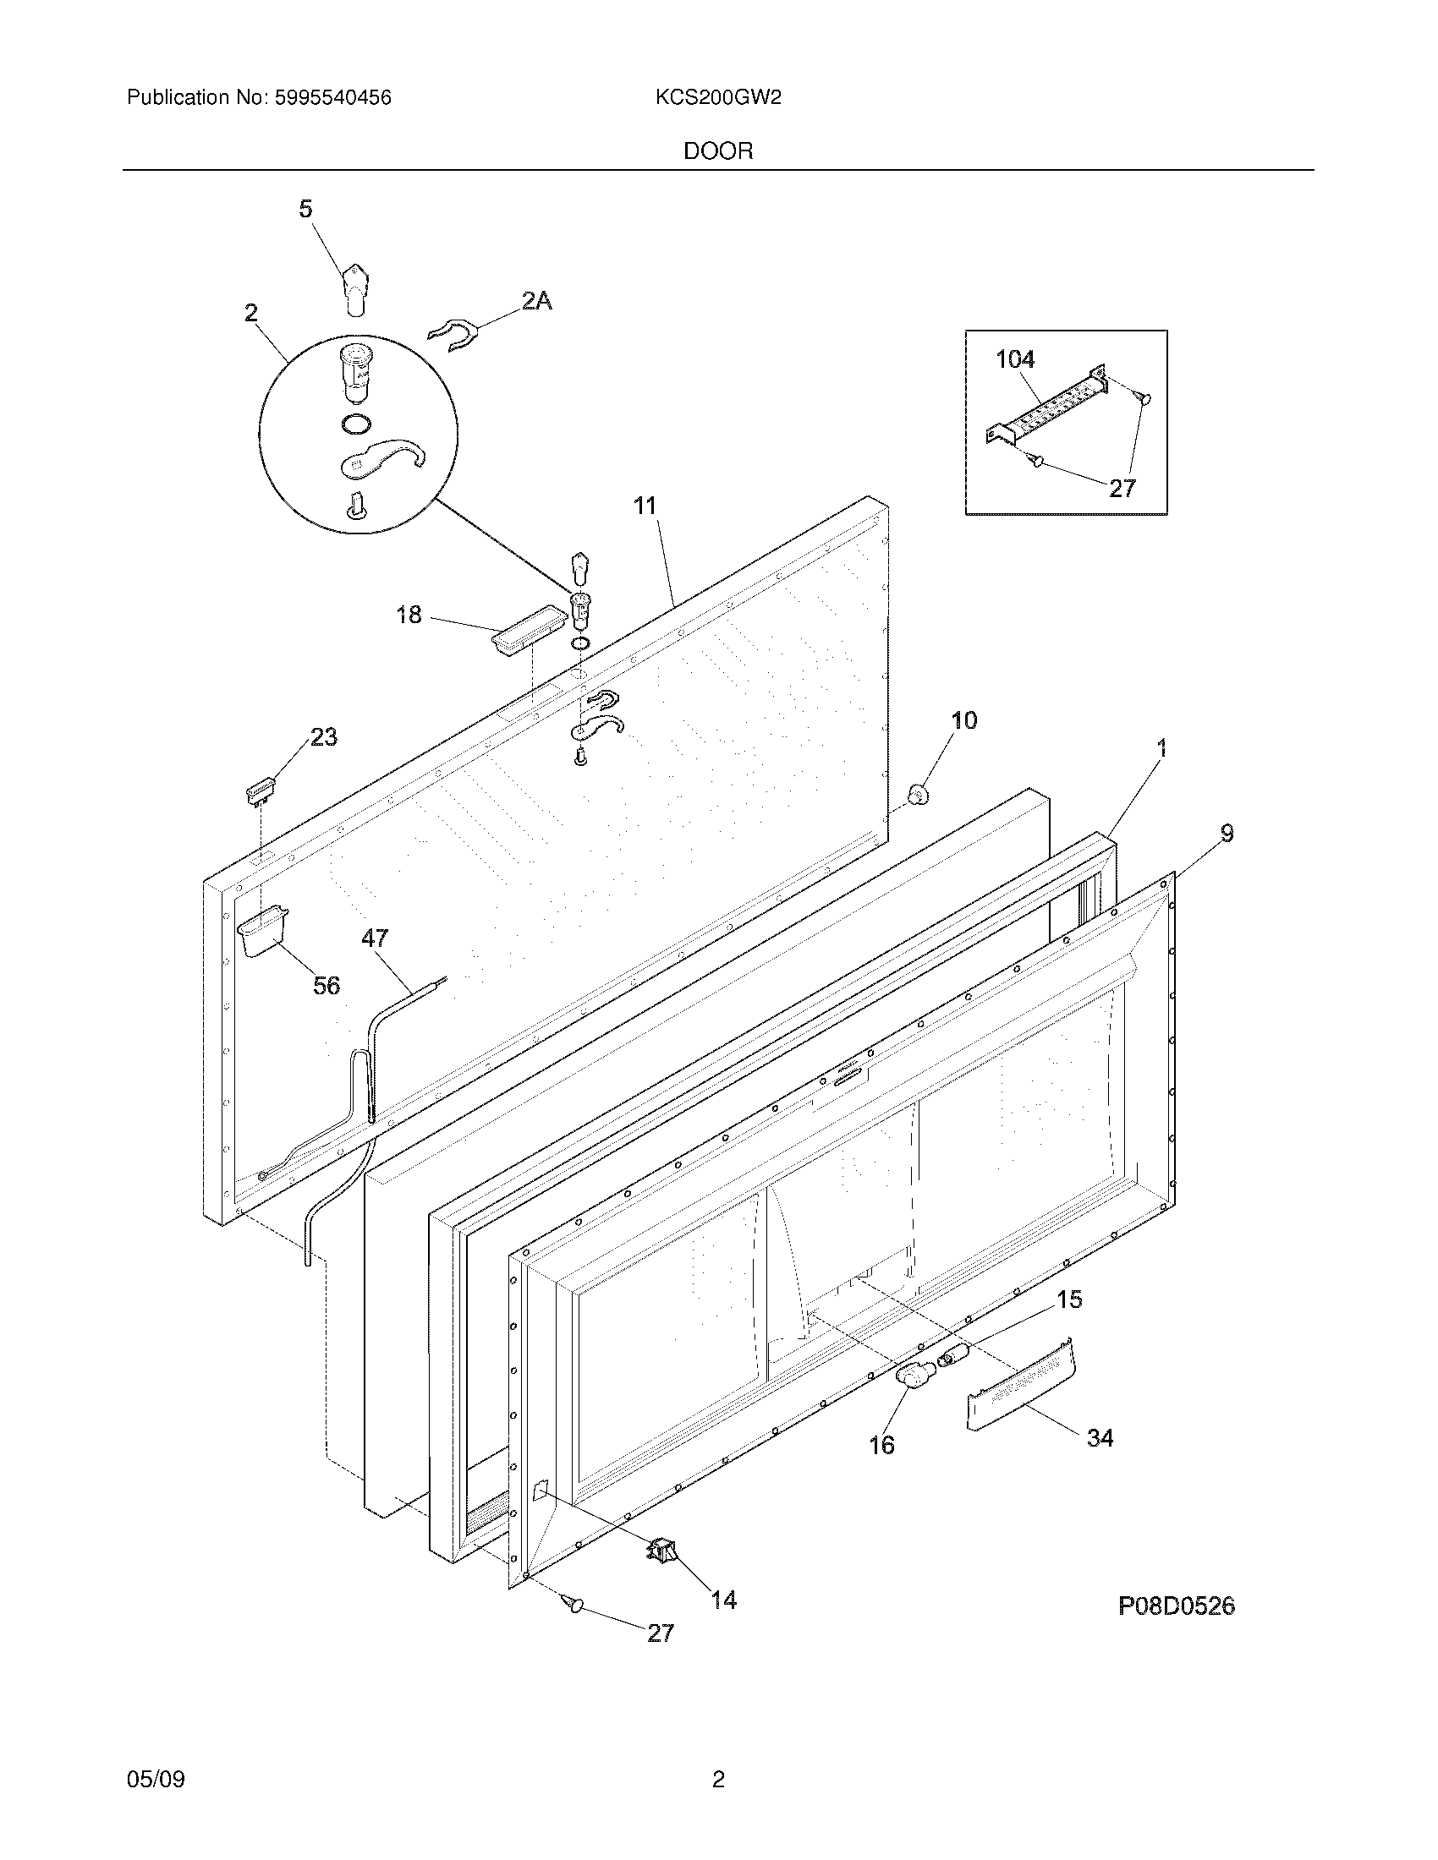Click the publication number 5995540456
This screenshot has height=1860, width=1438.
coord(332,98)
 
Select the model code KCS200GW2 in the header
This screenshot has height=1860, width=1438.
coord(718,98)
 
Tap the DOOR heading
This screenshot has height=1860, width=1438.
coord(718,151)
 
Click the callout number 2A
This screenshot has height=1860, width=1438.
coord(535,301)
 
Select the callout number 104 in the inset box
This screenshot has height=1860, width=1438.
coord(1015,359)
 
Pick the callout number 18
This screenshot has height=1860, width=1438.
coord(409,614)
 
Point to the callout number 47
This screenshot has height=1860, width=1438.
coord(374,938)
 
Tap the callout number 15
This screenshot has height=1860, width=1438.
coord(1069,1299)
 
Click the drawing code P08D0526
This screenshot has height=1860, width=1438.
coord(1177,1606)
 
